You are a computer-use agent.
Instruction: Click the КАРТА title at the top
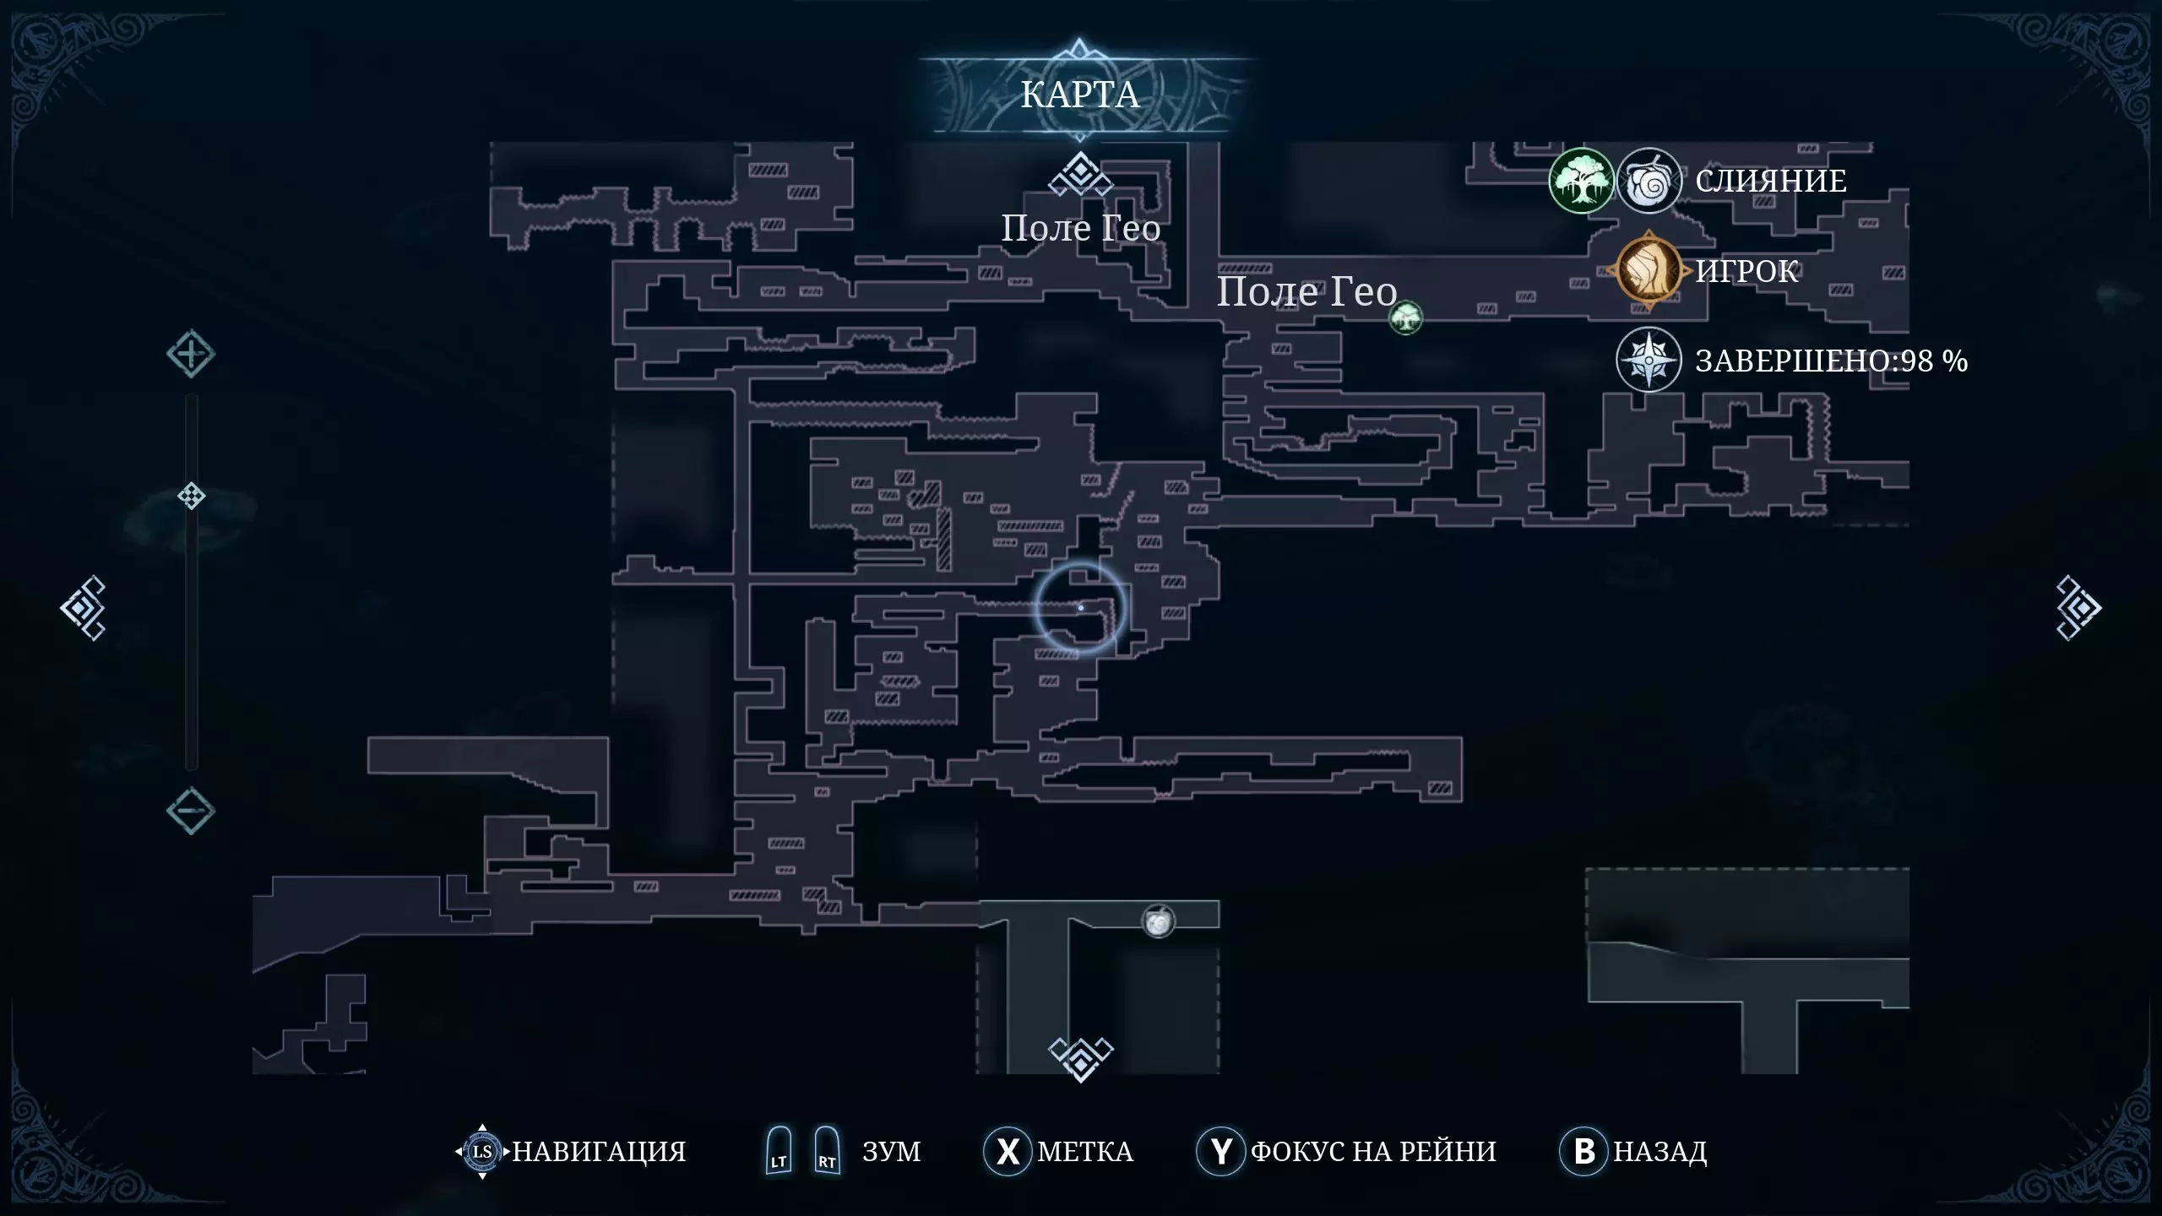point(1080,95)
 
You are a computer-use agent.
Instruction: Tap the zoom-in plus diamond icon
point(190,354)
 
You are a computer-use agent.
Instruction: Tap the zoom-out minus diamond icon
point(190,811)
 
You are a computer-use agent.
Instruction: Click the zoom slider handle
point(191,496)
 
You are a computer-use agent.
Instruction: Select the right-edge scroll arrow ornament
point(2078,608)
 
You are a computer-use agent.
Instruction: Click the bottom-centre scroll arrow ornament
point(1080,1058)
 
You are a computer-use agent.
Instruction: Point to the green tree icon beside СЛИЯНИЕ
point(1581,181)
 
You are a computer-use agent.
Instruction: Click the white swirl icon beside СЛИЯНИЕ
point(1649,181)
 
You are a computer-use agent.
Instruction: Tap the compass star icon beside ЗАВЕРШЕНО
point(1649,361)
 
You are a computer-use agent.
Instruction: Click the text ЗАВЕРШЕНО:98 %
point(1831,361)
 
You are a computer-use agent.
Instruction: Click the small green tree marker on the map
point(1405,318)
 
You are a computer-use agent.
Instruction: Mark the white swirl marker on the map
point(1159,921)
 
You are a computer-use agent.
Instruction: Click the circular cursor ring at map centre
point(1080,608)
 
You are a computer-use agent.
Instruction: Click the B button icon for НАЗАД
point(1583,1151)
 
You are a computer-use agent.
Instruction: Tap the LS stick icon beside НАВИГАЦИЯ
point(482,1151)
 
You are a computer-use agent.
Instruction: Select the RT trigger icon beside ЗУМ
point(827,1151)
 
